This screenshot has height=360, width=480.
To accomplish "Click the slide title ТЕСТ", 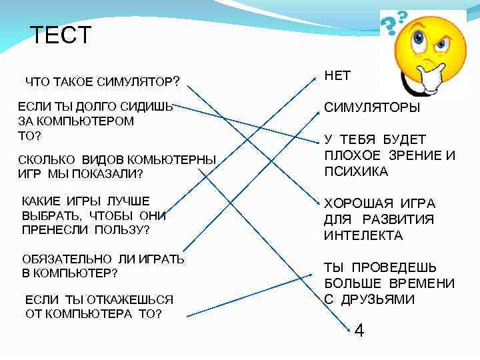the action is tap(61, 35).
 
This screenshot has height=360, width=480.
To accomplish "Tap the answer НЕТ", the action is tap(337, 76).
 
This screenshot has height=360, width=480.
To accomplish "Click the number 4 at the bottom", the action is tap(359, 330).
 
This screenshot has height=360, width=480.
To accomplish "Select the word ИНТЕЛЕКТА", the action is tap(363, 235).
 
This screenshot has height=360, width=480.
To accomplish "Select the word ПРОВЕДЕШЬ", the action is tap(397, 267).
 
